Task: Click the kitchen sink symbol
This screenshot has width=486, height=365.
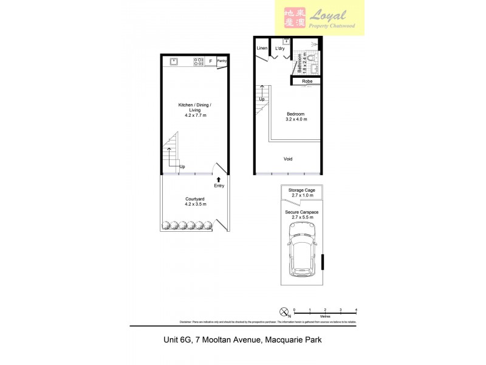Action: (x=173, y=61)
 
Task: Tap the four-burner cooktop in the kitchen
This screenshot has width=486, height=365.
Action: (x=198, y=61)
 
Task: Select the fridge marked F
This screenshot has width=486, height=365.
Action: (x=211, y=61)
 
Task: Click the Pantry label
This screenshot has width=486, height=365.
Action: (x=222, y=61)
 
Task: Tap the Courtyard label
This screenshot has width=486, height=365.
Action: (x=195, y=199)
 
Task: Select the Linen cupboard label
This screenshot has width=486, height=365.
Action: (x=262, y=48)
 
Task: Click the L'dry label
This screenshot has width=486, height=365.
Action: (x=279, y=48)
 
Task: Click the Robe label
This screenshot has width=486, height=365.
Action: (x=307, y=81)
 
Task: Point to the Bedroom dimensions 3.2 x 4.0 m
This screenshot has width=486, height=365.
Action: (x=296, y=120)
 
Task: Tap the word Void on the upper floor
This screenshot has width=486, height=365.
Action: (x=288, y=159)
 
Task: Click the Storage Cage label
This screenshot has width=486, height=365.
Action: (x=302, y=190)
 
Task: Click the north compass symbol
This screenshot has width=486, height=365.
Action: (x=283, y=313)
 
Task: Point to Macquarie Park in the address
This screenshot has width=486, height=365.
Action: (x=290, y=340)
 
